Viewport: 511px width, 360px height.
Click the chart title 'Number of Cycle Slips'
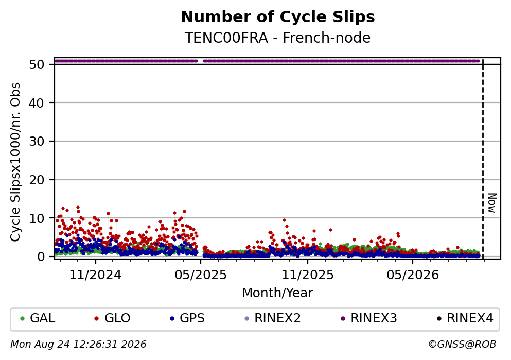[278, 17]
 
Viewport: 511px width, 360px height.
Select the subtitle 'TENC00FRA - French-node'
[278, 38]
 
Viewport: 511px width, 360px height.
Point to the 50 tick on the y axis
[37, 64]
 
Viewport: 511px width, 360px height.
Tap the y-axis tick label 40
[37, 103]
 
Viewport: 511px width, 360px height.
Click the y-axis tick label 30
[37, 142]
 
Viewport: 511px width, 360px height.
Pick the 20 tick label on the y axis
[37, 180]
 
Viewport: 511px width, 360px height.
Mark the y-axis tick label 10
[37, 218]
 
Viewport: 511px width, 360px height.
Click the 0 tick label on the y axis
[41, 256]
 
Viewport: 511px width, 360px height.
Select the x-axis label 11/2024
[95, 275]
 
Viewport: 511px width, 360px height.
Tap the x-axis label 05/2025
[201, 275]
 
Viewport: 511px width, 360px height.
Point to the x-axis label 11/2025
[308, 275]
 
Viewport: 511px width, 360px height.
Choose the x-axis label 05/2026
[413, 275]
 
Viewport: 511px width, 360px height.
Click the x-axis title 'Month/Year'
[278, 293]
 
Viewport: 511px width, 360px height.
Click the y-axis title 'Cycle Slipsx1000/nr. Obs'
[15, 162]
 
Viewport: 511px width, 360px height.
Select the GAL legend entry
[38, 318]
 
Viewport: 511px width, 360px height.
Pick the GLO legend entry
[112, 318]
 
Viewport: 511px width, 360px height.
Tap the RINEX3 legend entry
[369, 318]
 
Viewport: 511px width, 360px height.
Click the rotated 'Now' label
[492, 203]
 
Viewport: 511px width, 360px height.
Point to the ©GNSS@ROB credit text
[462, 345]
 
